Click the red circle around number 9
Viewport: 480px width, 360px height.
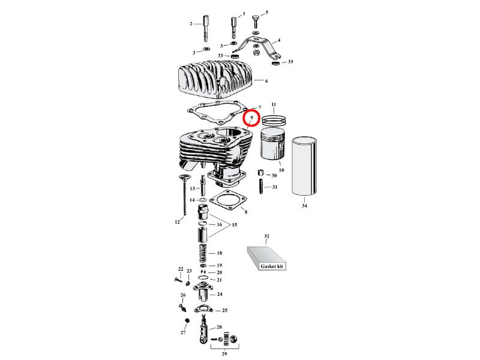click(251, 118)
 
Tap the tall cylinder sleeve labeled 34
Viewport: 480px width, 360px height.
click(304, 169)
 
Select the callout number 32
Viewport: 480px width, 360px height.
click(267, 236)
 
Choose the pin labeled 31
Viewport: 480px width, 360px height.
click(262, 187)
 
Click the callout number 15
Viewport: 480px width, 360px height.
click(235, 224)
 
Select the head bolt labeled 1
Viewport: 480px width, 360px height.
click(233, 27)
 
